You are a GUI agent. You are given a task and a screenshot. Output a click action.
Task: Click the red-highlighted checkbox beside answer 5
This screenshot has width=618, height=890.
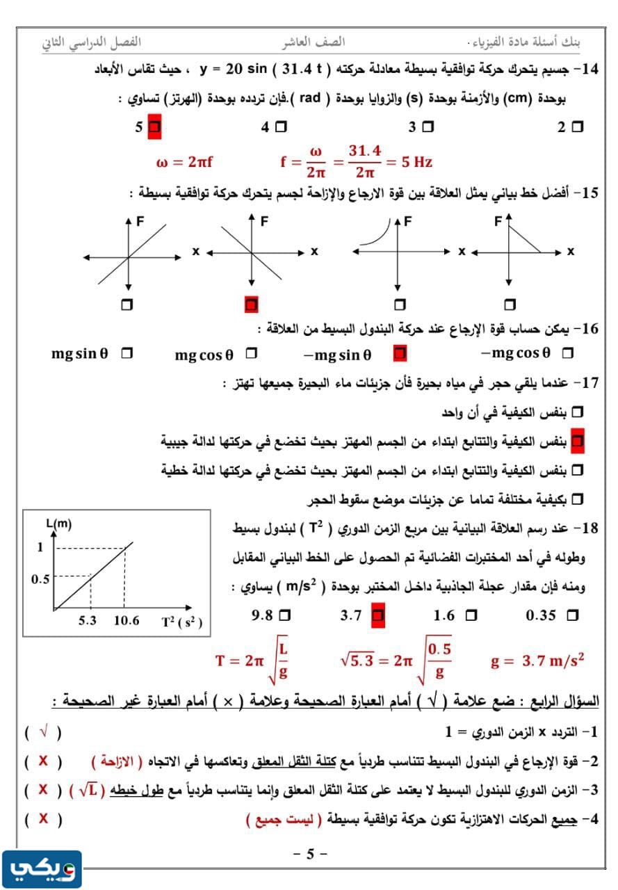[154, 127]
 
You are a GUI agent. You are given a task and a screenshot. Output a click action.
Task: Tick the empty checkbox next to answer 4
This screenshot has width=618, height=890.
[280, 127]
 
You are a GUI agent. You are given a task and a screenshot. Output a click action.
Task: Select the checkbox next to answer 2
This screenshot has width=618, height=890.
[576, 127]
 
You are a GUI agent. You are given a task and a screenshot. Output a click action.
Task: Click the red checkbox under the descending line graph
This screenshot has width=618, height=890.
[252, 305]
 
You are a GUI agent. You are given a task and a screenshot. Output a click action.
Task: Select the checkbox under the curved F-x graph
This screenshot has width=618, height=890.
[399, 305]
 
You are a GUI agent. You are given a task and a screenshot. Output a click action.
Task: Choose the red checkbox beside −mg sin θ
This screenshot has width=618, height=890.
[399, 354]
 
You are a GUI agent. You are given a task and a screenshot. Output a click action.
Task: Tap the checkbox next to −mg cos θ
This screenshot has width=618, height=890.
[567, 354]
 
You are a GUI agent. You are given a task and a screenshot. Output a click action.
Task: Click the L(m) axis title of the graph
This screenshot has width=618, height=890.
[58, 524]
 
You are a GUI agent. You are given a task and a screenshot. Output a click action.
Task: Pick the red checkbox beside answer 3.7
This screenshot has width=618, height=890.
[377, 615]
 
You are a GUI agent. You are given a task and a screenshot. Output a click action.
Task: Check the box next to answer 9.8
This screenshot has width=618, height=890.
[284, 615]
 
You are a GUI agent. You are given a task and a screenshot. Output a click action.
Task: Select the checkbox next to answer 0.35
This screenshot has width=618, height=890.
[573, 615]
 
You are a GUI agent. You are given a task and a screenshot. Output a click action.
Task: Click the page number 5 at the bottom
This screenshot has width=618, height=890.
[310, 854]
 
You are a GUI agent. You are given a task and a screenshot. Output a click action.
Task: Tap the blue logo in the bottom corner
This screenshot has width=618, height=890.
[42, 869]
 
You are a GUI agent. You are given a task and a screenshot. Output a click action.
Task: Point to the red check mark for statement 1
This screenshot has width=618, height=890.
[43, 731]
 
